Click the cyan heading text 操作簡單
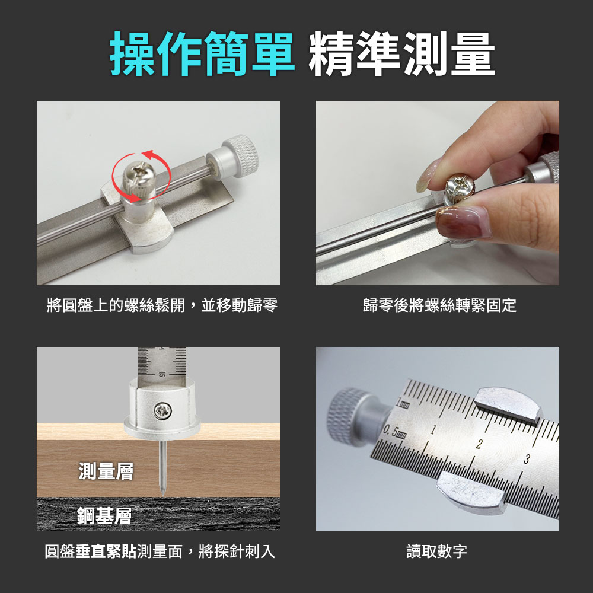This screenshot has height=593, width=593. (202, 54)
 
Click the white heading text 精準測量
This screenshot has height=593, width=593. (401, 54)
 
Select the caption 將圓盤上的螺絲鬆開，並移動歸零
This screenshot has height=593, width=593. (162, 305)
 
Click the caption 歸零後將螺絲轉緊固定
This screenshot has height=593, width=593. (439, 305)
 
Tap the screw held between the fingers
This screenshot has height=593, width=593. (460, 187)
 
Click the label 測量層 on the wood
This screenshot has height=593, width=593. (106, 471)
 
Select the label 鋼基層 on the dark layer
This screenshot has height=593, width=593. (104, 516)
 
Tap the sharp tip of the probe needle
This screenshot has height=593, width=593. (163, 495)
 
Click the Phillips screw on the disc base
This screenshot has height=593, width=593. (163, 411)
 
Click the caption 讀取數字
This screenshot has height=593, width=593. (437, 551)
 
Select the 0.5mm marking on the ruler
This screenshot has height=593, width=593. (394, 432)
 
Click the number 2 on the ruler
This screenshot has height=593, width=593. (479, 444)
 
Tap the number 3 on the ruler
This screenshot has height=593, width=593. (527, 459)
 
